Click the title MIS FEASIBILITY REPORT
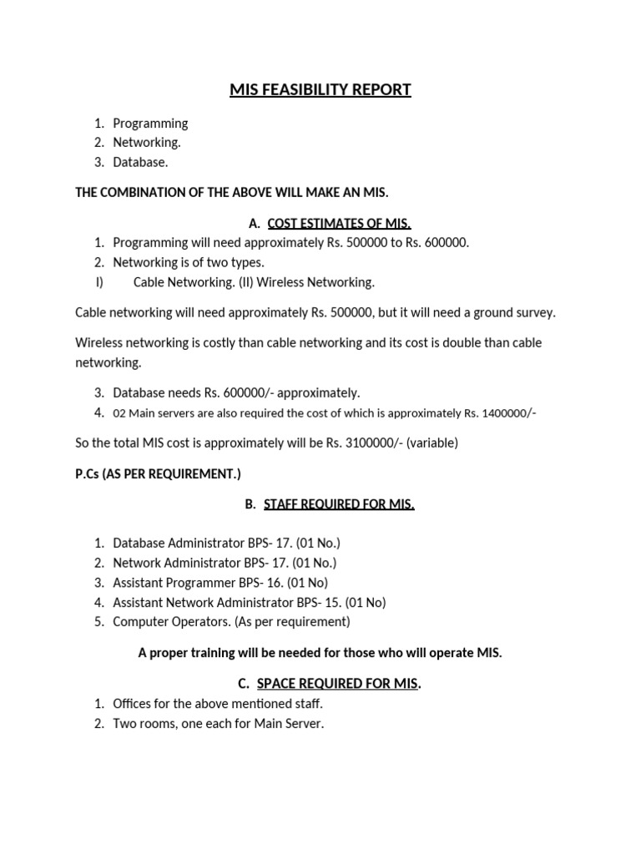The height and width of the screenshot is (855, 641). [x=320, y=89]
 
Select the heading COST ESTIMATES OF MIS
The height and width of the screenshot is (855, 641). [x=337, y=223]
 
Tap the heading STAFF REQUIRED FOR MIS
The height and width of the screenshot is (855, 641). [x=339, y=503]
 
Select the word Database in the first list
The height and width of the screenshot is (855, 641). [x=139, y=163]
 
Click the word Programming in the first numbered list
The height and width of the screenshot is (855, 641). [x=150, y=123]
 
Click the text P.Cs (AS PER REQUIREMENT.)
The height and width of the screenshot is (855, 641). [x=158, y=473]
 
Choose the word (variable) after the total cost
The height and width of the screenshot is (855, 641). [x=431, y=443]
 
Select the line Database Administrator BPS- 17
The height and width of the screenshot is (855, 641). [x=225, y=543]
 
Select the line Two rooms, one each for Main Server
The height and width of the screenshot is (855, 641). [x=218, y=723]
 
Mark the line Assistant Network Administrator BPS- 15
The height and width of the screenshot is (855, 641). [x=249, y=602]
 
